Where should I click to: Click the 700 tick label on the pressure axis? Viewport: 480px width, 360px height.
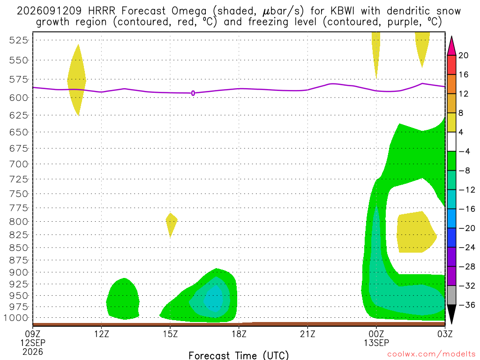[x=18, y=164]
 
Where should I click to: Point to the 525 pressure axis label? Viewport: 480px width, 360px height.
[x=18, y=40]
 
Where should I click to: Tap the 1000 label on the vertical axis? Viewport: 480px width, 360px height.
[x=16, y=318]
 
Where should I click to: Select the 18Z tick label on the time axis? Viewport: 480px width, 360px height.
[x=239, y=334]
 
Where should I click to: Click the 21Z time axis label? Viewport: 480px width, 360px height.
[x=307, y=334]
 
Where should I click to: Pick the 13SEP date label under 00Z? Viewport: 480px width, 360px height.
[x=376, y=343]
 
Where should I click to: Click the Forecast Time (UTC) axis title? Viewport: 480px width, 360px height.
[x=239, y=355]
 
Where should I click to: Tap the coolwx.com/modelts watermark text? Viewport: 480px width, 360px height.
[x=431, y=354]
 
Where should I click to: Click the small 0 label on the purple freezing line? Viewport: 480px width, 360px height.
[x=193, y=93]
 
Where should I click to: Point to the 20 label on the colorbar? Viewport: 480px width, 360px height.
[x=464, y=55]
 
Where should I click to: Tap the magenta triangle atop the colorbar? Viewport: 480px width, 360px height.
[x=451, y=46]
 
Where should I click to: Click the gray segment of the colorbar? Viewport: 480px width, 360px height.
[x=451, y=295]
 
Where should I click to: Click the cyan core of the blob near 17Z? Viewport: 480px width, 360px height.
[x=214, y=299]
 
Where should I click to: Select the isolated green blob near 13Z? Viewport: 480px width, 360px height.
[x=123, y=299]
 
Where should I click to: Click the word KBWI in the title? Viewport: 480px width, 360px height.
[x=343, y=11]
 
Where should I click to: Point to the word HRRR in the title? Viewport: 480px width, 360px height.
[x=102, y=11]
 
